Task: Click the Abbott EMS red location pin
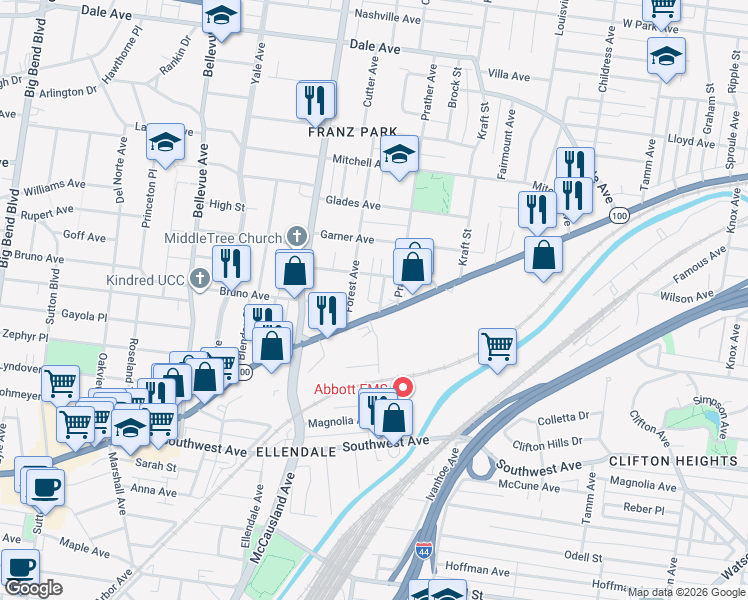coord(404,386)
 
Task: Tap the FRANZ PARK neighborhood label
coord(352,132)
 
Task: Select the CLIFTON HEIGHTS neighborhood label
coord(679,461)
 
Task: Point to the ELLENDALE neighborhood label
coord(294,452)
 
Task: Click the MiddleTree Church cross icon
coord(296,237)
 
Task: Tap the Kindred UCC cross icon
coord(200,279)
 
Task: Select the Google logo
coord(34,588)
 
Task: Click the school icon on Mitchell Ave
coord(399,155)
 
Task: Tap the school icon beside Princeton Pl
coord(167,143)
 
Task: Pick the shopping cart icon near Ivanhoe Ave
coord(497,346)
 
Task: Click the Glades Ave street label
coord(357,204)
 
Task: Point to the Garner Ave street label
coord(346,239)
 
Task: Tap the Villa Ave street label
coord(508,75)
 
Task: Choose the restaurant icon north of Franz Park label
coord(315,100)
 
